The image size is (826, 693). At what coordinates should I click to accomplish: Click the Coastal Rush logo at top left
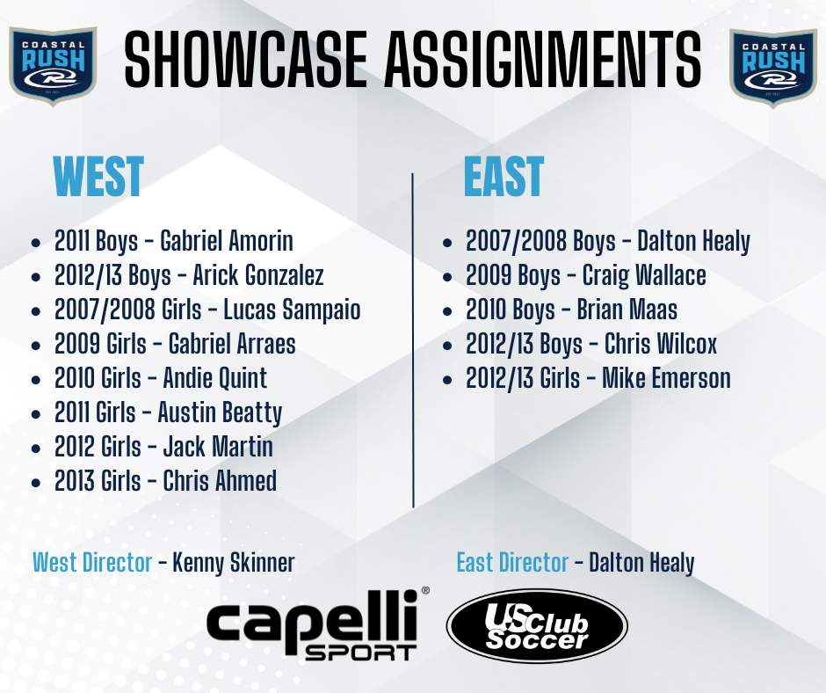(53, 66)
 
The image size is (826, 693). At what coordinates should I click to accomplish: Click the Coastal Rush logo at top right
(772, 68)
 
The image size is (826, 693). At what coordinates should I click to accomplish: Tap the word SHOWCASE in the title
(245, 59)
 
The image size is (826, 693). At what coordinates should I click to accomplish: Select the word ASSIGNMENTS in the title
(543, 59)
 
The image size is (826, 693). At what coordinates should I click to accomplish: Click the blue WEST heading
(98, 176)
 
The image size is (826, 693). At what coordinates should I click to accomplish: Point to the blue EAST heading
(504, 176)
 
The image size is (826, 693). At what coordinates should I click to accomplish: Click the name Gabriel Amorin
(227, 241)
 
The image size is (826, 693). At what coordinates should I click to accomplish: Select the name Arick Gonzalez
(258, 275)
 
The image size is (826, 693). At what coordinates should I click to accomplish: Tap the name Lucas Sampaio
(292, 310)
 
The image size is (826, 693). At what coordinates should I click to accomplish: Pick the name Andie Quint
(215, 378)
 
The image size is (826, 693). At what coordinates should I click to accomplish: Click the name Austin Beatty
(220, 413)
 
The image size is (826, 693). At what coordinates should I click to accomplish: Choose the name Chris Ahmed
(220, 481)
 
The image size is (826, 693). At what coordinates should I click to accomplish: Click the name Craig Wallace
(644, 275)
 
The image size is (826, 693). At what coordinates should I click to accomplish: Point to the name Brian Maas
(627, 310)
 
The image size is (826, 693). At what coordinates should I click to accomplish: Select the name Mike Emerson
(666, 378)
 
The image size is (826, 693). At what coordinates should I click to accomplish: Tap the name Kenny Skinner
(234, 563)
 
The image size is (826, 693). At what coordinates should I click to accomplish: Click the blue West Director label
(92, 563)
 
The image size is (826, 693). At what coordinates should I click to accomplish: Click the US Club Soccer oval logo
(537, 626)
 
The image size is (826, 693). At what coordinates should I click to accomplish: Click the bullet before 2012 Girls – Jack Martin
(36, 449)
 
